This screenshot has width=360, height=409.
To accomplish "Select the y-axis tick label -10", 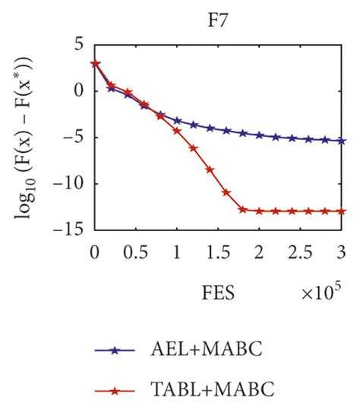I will (73, 183).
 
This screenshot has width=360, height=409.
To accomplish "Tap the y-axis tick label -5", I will (77, 137).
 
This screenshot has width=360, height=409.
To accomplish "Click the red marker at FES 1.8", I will (243, 209).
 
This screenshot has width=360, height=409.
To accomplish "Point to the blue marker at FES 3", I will (342, 141).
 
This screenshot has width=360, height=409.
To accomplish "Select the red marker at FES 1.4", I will (210, 170).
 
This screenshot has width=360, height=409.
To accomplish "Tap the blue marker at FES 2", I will (260, 135).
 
